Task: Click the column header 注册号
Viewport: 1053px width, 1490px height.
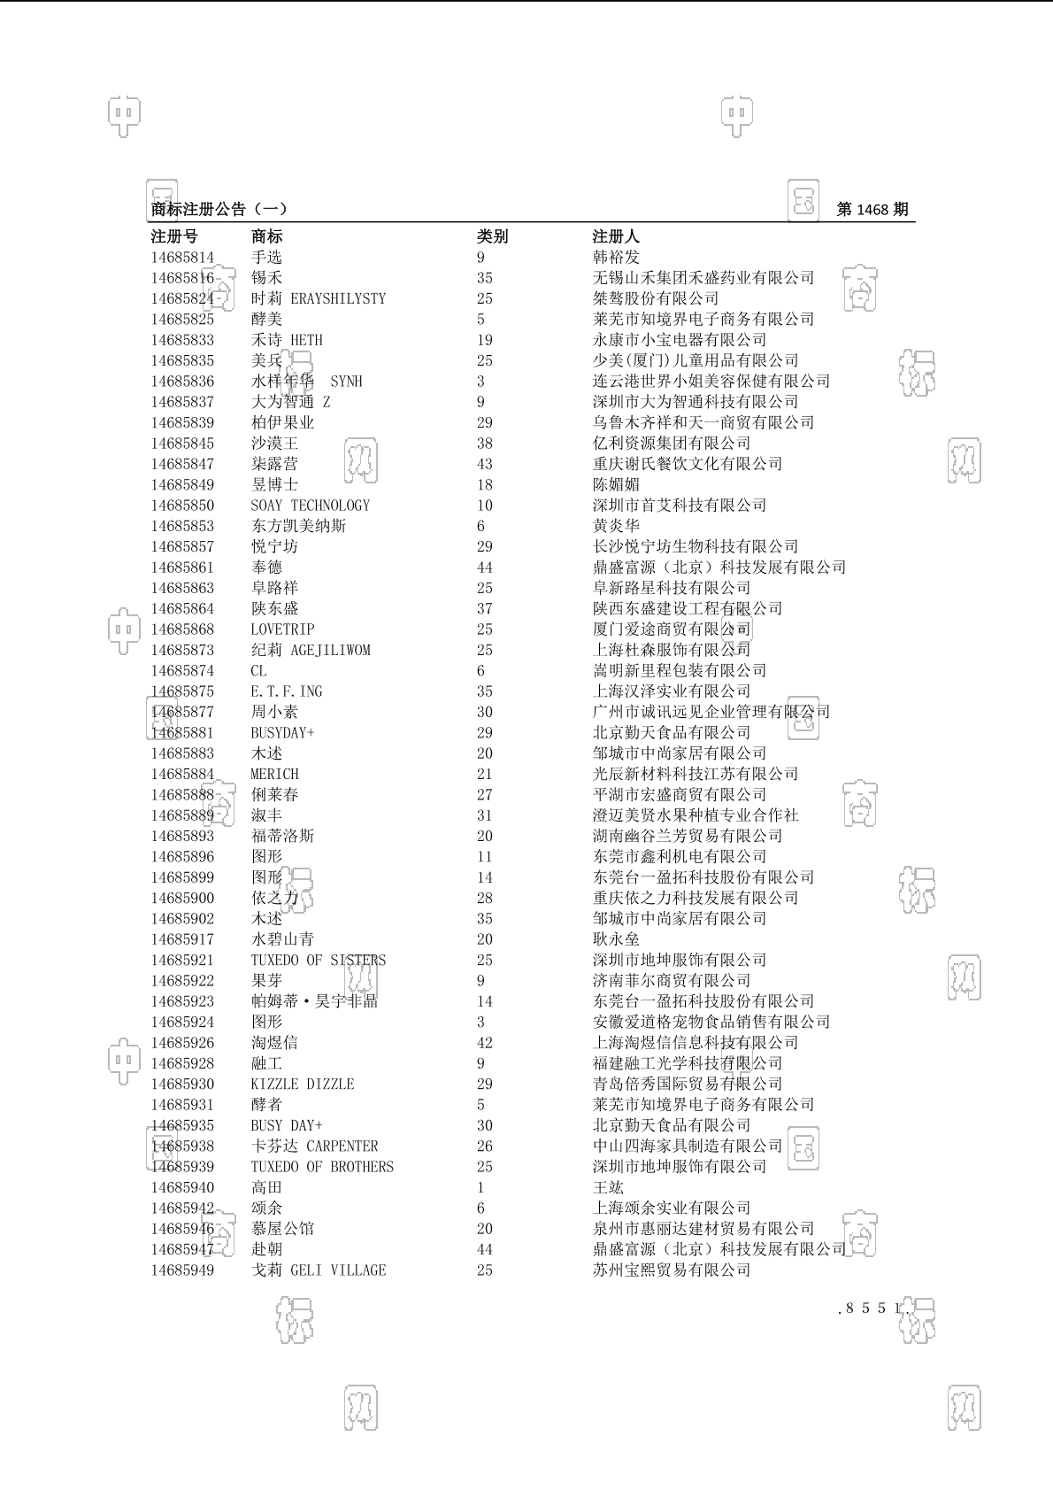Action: point(174,236)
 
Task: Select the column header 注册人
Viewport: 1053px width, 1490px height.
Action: point(616,236)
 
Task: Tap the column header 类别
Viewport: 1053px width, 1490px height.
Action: point(493,236)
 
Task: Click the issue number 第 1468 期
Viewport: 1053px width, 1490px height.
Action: point(872,210)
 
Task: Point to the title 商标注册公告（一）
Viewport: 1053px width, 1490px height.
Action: point(219,210)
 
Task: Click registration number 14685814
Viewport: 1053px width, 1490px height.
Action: point(182,258)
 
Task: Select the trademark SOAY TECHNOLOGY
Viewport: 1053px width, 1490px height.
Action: point(311,506)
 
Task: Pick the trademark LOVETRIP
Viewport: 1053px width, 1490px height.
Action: point(282,629)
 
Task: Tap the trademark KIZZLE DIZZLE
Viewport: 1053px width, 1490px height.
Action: point(303,1085)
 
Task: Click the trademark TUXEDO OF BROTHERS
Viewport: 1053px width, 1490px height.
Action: point(322,1167)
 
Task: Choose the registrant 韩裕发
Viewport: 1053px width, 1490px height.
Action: point(616,258)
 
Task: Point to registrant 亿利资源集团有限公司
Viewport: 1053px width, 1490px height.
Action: point(672,444)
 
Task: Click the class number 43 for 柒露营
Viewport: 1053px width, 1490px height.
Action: point(485,464)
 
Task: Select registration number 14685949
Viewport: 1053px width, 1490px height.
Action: point(182,1270)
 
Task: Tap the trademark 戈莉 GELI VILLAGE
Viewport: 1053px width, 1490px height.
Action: point(319,1270)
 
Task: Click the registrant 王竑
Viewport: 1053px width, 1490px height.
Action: point(608,1187)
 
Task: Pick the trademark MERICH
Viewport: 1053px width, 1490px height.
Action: point(274,774)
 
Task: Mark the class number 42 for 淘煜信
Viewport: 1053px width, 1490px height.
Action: point(485,1043)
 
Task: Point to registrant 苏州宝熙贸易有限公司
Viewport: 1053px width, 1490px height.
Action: point(672,1270)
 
